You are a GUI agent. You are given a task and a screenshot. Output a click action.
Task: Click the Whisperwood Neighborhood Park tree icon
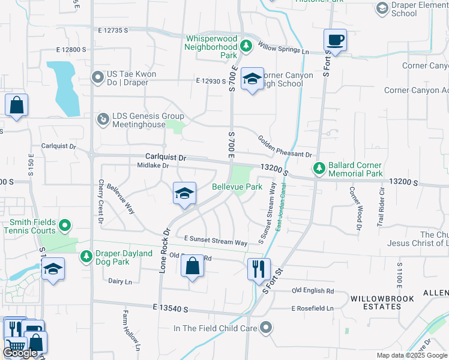[x=245, y=46]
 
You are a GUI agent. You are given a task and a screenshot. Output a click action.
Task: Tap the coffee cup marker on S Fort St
[x=336, y=41]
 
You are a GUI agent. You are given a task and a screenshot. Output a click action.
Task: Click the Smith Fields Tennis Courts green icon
[x=64, y=226]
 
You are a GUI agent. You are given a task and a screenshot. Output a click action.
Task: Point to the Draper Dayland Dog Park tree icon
[x=86, y=257]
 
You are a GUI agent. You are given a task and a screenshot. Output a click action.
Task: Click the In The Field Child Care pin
[x=265, y=328]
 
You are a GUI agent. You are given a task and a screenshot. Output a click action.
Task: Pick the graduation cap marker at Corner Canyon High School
[x=253, y=79]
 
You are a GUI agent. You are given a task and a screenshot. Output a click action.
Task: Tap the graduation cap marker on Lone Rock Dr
[x=184, y=193]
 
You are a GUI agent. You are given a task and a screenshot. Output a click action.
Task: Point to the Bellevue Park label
[x=237, y=187]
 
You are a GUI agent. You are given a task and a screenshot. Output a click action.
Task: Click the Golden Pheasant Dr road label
[x=285, y=147]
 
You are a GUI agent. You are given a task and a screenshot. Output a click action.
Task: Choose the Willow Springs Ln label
[x=283, y=48]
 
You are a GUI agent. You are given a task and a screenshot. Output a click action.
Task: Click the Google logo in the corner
[x=20, y=353]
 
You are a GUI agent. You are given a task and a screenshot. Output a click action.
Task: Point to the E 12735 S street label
[x=108, y=30]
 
